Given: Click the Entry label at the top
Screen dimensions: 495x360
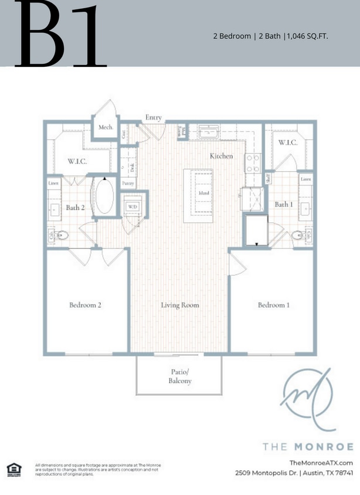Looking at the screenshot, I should (154, 118).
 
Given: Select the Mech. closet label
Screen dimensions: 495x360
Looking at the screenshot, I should (106, 127).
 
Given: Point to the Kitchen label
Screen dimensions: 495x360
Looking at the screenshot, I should (222, 156).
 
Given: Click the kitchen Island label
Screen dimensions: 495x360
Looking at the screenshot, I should (204, 193).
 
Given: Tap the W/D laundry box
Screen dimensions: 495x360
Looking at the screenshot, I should (133, 207).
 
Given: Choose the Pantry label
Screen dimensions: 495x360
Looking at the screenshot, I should (128, 183).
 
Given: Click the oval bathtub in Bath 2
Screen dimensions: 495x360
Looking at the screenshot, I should (105, 196).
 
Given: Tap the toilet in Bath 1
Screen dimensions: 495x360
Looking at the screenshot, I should (299, 236).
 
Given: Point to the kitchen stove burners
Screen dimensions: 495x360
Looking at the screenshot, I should (253, 163).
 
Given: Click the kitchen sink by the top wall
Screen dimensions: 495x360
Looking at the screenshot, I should (207, 134).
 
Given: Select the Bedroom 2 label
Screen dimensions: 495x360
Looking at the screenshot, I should (86, 305).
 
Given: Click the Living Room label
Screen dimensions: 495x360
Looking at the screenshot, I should (180, 305).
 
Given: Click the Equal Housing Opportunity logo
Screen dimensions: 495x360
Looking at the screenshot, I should (13, 469).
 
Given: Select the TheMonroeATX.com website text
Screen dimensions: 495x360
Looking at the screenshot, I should (325, 463).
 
